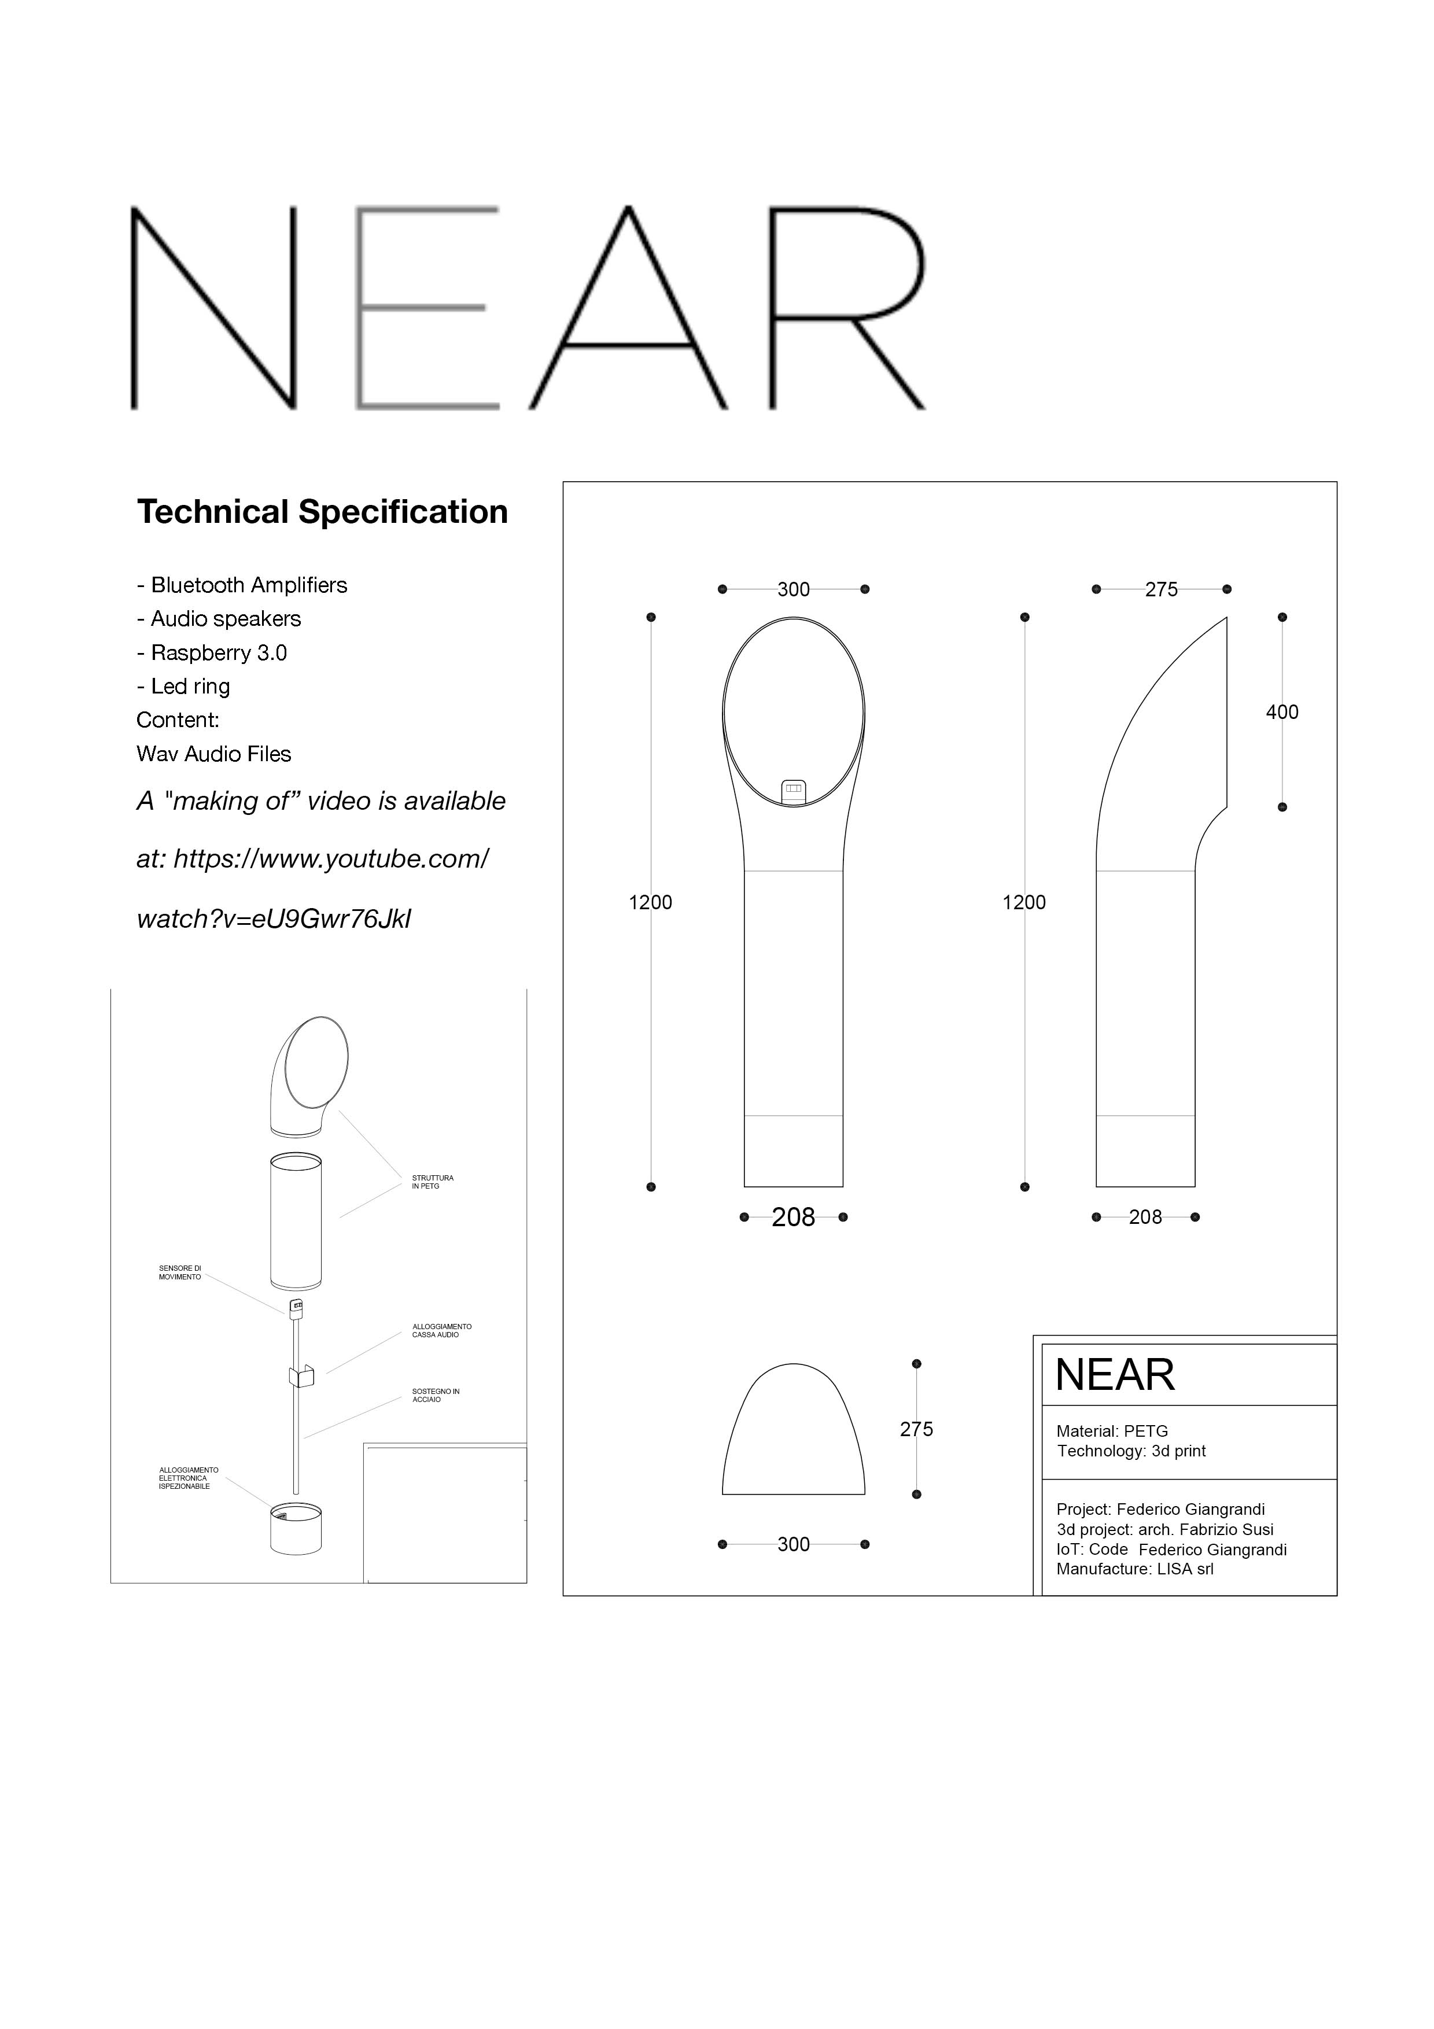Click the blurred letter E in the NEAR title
pyautogui.click(x=427, y=308)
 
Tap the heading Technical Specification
pyautogui.click(x=323, y=512)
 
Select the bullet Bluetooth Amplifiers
pyautogui.click(x=242, y=585)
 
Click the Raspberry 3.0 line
pyautogui.click(x=212, y=653)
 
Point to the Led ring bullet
pyautogui.click(x=184, y=687)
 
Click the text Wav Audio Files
pyautogui.click(x=214, y=754)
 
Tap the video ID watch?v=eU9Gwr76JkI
pyautogui.click(x=274, y=919)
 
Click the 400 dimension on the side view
pyautogui.click(x=1282, y=712)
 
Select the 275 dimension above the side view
pyautogui.click(x=1161, y=589)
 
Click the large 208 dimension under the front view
pyautogui.click(x=794, y=1218)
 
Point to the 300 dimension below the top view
pyautogui.click(x=794, y=1544)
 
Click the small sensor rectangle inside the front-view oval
pyautogui.click(x=794, y=787)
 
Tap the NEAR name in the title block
pyautogui.click(x=1115, y=1375)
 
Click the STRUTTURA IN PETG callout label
pyautogui.click(x=433, y=1182)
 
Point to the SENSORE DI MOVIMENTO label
pyautogui.click(x=180, y=1272)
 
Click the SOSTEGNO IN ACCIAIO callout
pyautogui.click(x=436, y=1396)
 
